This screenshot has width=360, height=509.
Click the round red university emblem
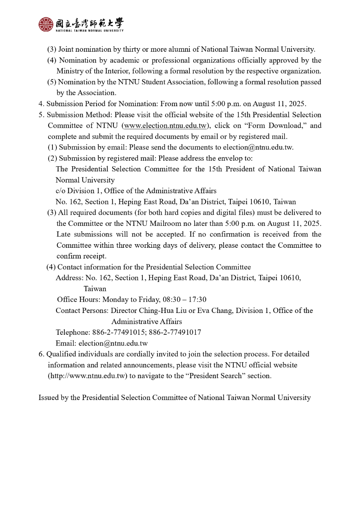coord(46,24)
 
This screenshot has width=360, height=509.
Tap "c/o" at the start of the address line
coord(60,191)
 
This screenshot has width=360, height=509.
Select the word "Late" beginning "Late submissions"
coord(64,234)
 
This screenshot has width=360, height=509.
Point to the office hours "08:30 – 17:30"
coord(185,299)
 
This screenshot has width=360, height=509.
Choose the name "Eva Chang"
coord(215,311)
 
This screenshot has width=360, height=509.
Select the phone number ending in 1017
coord(175,332)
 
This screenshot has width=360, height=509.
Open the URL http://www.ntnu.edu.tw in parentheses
coord(88,376)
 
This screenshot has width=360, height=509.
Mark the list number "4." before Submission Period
coord(41,104)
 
